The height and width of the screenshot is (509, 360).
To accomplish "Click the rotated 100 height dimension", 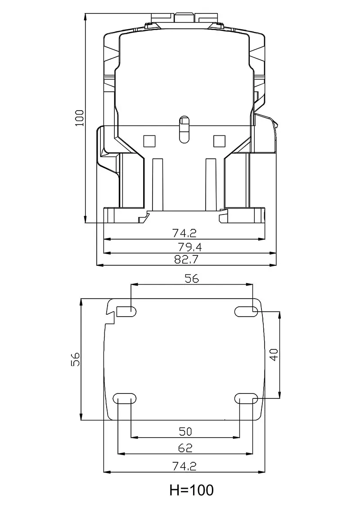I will (80, 117).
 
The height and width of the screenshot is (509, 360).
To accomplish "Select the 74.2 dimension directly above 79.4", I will (184, 233).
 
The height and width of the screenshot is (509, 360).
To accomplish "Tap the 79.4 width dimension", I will (184, 246).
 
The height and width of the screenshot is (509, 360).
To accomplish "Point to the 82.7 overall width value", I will (184, 259).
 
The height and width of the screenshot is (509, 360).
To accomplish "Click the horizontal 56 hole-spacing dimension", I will (192, 278).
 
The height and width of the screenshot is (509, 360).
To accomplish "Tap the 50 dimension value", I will (185, 431).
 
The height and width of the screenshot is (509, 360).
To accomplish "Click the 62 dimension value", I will (185, 448).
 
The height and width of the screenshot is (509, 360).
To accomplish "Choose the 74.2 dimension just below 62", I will (185, 466).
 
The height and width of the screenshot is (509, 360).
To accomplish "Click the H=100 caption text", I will (191, 490).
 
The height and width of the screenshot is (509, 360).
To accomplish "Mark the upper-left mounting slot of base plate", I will (126, 311).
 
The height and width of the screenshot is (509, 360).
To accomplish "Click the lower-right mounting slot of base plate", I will (246, 399).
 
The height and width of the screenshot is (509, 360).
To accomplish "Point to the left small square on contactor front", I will (149, 141).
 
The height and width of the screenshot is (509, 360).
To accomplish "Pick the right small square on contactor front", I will (219, 141).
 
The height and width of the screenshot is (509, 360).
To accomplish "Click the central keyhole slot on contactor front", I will (184, 129).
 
